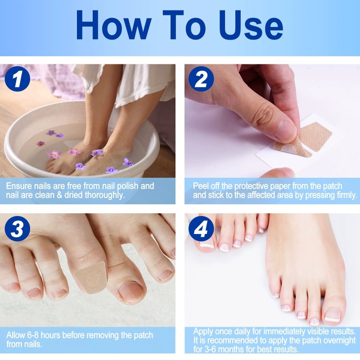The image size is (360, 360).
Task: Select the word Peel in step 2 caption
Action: [202, 186]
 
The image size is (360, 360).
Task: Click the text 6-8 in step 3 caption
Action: [36, 336]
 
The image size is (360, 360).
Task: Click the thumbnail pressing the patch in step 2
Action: [284, 130]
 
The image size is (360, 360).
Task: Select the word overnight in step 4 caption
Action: [335, 341]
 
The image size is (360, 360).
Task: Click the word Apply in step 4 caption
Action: [203, 332]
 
